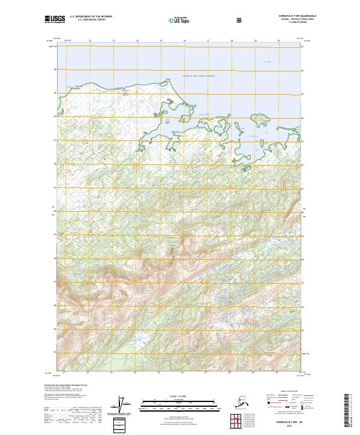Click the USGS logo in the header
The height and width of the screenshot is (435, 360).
55,19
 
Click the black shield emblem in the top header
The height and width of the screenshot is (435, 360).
239,19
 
